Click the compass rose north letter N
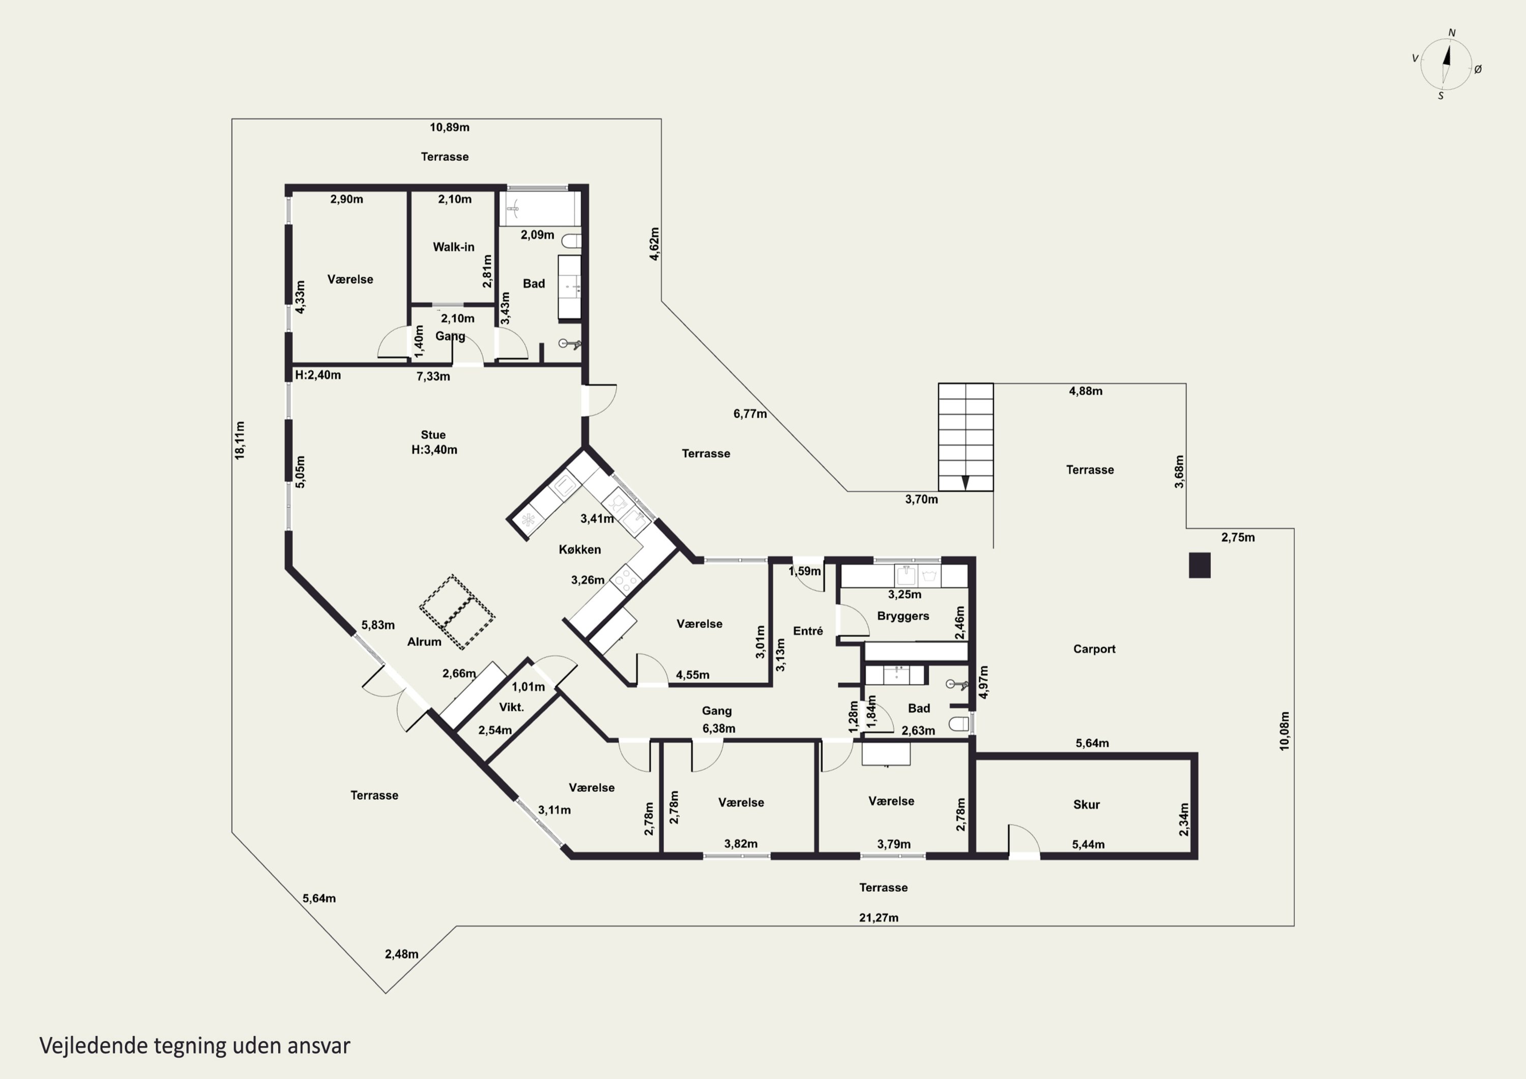point(1452,33)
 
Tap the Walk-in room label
point(453,247)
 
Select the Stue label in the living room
point(433,435)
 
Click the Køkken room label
point(579,549)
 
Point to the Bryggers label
point(902,616)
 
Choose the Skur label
point(1086,804)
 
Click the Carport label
point(1094,649)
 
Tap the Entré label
point(808,631)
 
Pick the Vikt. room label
point(511,707)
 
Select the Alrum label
point(424,641)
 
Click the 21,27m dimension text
point(878,917)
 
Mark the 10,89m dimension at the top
point(449,127)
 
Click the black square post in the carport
point(1199,565)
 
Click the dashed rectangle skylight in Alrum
point(457,611)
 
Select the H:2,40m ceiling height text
point(318,375)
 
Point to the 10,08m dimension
point(1284,731)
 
